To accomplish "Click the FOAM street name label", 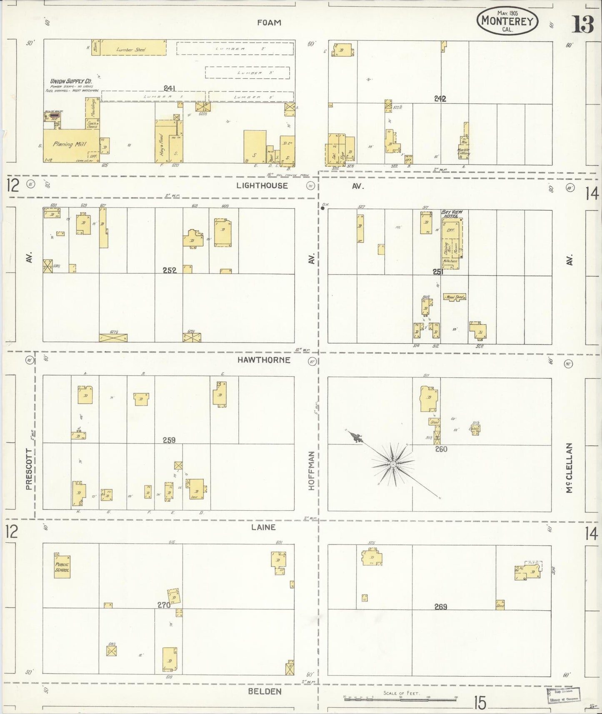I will pyautogui.click(x=269, y=23).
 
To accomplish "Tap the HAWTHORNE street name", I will pyautogui.click(x=264, y=360).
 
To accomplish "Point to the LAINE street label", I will pyautogui.click(x=263, y=527).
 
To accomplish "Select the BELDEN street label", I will pyautogui.click(x=265, y=691).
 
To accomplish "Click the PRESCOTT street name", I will pyautogui.click(x=29, y=469).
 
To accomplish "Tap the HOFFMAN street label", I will pyautogui.click(x=311, y=470).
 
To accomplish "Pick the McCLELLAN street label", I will pyautogui.click(x=569, y=467).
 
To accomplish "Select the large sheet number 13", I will pyautogui.click(x=582, y=24).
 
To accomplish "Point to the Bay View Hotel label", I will pyautogui.click(x=452, y=214).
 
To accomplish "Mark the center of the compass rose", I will pyautogui.click(x=393, y=464).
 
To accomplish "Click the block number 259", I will pyautogui.click(x=169, y=440).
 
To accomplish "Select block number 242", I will pyautogui.click(x=440, y=99).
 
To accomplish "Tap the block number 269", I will pyautogui.click(x=440, y=607).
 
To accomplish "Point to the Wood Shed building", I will pyautogui.click(x=454, y=297).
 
